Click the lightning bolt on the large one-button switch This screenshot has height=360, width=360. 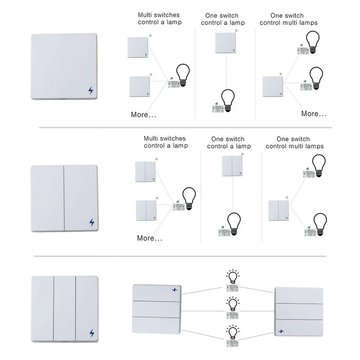click(x=91, y=90)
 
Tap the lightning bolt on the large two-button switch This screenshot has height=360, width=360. click(x=92, y=222)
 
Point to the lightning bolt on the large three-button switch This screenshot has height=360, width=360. click(x=92, y=333)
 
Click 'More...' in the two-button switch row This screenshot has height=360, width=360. click(x=149, y=238)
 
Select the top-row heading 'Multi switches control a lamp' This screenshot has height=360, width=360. click(x=160, y=18)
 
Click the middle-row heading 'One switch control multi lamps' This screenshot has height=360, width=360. click(x=295, y=143)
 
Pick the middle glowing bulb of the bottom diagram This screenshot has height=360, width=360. click(x=232, y=304)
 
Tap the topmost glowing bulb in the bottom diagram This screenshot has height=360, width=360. click(x=232, y=276)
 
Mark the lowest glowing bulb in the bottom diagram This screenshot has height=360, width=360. click(x=232, y=332)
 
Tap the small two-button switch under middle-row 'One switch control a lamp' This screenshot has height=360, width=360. click(x=232, y=166)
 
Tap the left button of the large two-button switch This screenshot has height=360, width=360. click(x=47, y=198)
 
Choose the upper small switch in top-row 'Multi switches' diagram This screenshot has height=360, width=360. click(x=138, y=47)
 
